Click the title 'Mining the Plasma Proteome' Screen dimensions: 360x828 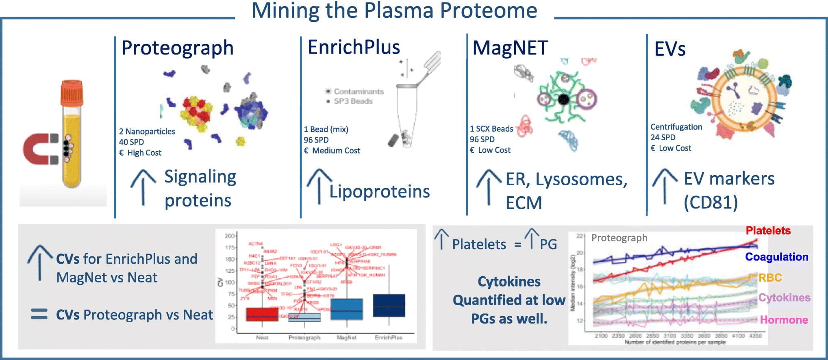(394, 11)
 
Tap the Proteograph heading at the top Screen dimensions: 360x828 (178, 48)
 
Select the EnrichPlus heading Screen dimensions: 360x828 (354, 47)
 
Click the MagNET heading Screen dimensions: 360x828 (510, 48)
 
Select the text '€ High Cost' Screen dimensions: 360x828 (140, 153)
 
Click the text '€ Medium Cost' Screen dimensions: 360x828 (332, 150)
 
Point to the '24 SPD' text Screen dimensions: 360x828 (663, 137)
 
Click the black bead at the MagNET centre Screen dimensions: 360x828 (563, 99)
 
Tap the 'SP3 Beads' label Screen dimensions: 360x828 (353, 101)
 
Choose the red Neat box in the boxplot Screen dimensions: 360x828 (262, 314)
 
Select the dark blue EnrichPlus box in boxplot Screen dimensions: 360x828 (389, 305)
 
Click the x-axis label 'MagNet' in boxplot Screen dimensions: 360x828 (346, 338)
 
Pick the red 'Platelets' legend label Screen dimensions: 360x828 (768, 231)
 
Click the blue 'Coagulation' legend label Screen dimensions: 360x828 (776, 257)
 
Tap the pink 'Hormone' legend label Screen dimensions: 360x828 (784, 320)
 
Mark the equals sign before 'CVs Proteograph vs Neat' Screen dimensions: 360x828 (39, 314)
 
